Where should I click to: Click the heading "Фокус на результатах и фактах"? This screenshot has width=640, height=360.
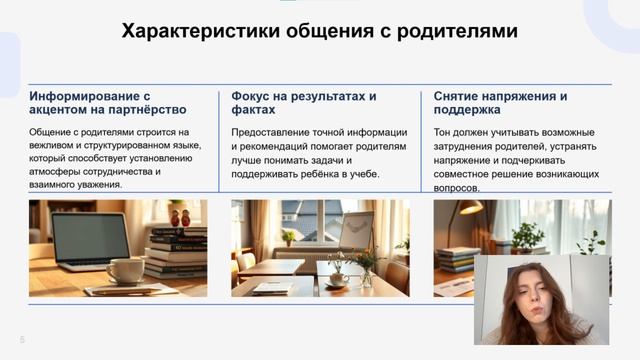pyautogui.click(x=304, y=104)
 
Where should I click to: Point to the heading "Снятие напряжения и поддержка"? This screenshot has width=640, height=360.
pyautogui.click(x=501, y=104)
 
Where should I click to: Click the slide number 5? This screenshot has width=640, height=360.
pyautogui.click(x=22, y=338)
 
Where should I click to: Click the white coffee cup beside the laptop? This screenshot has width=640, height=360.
pyautogui.click(x=125, y=271)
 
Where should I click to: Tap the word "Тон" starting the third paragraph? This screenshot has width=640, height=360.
pyautogui.click(x=444, y=132)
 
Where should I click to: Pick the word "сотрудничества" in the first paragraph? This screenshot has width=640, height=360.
pyautogui.click(x=118, y=172)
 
